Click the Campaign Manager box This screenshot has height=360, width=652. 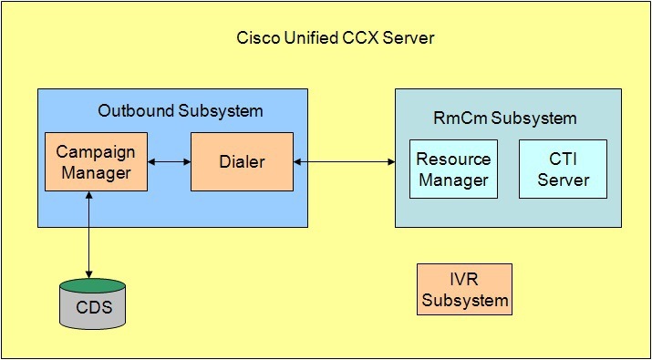[96, 161]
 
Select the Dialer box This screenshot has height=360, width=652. [242, 161]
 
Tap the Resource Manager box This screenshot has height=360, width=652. [453, 169]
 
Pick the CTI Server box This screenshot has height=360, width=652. [563, 169]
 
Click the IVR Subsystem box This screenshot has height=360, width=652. [464, 289]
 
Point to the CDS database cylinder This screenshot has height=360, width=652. [88, 305]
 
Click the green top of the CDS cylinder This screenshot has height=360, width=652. [88, 285]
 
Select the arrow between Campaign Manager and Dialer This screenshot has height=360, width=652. [169, 162]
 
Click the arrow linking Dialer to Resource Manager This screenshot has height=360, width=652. [344, 162]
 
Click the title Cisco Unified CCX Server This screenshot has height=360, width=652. [336, 38]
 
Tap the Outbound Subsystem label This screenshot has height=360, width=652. [180, 111]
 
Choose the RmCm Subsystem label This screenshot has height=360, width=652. [504, 118]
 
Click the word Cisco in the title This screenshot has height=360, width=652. [256, 38]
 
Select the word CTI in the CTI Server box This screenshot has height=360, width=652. [563, 159]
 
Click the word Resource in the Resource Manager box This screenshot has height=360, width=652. [453, 159]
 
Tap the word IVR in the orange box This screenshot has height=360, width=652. [464, 279]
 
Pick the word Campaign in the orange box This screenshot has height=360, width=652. [96, 151]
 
